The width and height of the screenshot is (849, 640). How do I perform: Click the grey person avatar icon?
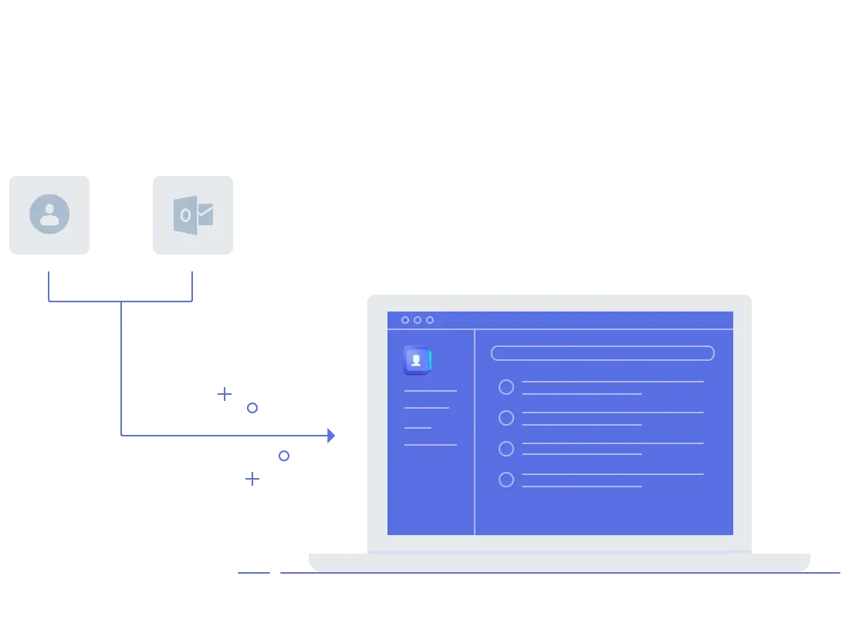tap(49, 214)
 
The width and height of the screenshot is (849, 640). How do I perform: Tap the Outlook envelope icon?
tap(193, 215)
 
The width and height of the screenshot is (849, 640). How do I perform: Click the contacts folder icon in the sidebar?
tap(417, 360)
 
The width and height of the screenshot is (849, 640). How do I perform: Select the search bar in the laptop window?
tap(602, 353)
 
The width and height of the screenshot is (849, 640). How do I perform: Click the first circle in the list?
tap(506, 387)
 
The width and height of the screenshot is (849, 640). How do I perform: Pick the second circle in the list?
tap(506, 418)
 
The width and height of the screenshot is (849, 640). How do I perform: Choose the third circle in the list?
tap(506, 449)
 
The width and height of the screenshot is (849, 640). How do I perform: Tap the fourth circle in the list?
tap(506, 480)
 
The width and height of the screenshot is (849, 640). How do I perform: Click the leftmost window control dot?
tap(405, 320)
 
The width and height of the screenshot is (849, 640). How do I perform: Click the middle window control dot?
tap(418, 320)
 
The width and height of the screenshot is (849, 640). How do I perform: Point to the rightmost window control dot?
tap(430, 320)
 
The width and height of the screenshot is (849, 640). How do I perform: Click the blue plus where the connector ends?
tap(331, 435)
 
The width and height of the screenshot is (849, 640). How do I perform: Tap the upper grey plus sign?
tap(225, 392)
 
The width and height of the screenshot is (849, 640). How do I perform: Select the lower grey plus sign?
tap(250, 479)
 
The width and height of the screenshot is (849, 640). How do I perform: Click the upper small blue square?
tap(253, 407)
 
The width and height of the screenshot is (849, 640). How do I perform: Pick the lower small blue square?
tap(284, 456)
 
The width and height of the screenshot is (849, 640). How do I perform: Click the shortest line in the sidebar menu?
tap(418, 427)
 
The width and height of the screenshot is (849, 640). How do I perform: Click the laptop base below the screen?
tap(561, 561)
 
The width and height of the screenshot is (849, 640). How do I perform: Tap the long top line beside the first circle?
tap(613, 382)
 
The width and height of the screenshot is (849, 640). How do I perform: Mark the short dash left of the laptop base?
tap(253, 571)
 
